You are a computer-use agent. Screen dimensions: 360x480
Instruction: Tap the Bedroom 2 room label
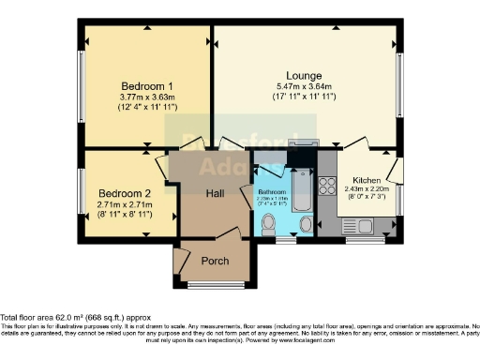point(124,192)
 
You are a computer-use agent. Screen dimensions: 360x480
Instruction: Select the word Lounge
point(305,75)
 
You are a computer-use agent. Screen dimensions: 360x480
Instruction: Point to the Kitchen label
point(367,180)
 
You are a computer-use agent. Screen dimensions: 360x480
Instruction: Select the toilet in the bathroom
point(268,223)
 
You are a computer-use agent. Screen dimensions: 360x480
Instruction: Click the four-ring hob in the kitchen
point(328,186)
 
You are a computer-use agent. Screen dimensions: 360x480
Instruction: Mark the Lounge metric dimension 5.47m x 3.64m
point(305,87)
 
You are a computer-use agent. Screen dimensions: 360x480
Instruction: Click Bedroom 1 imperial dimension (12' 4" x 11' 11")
point(147,108)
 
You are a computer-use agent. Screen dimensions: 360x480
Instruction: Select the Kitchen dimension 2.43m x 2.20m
point(367,190)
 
